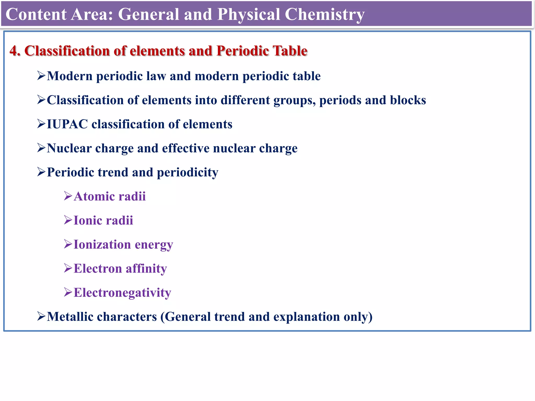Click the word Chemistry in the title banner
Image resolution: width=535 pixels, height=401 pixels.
(324, 15)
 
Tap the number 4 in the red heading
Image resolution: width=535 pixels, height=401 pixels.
(14, 51)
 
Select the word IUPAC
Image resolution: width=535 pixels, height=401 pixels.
(67, 124)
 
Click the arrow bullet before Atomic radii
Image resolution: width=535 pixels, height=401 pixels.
(68, 196)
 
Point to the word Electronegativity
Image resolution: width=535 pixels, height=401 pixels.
(122, 293)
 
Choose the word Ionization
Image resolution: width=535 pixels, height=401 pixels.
(102, 245)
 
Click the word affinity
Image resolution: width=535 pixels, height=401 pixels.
(146, 269)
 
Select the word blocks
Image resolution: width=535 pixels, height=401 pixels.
(408, 100)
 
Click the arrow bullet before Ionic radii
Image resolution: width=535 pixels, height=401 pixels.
(68, 220)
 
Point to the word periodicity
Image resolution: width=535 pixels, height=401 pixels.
(187, 173)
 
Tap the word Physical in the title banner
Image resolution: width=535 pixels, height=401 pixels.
(248, 15)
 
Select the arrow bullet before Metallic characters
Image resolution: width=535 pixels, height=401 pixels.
(41, 316)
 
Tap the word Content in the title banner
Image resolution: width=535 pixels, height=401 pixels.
(36, 14)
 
